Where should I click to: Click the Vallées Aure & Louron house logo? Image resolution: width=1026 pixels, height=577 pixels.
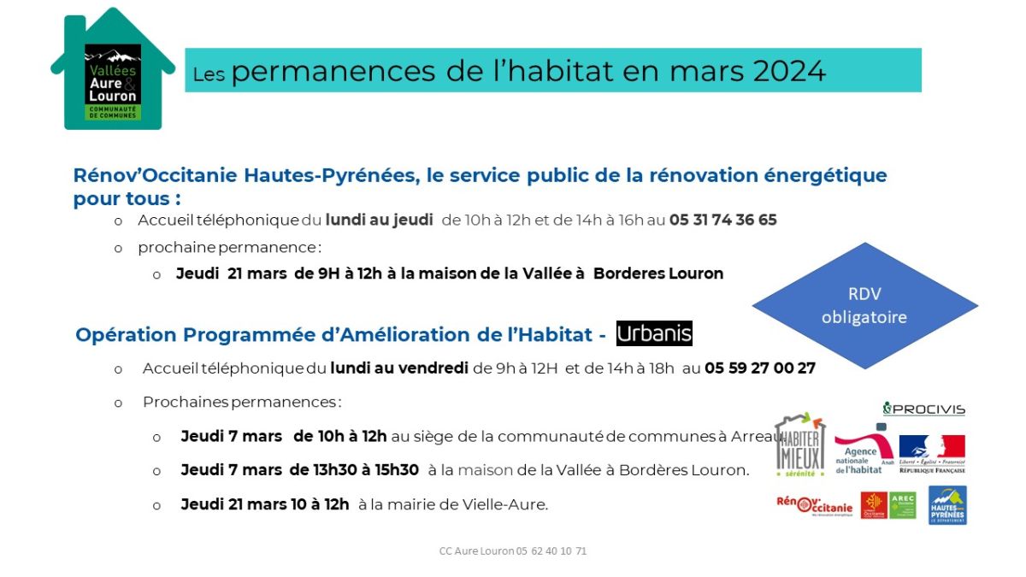point(113,68)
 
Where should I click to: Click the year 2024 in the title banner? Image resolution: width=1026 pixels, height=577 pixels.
point(789,71)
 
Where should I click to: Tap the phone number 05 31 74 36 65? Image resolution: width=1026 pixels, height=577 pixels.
point(722,220)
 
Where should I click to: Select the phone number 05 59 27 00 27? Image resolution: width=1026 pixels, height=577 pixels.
point(760,368)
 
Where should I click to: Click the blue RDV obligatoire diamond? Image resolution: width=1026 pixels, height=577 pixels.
point(864,305)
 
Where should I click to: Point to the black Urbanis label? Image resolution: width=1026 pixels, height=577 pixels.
point(654,333)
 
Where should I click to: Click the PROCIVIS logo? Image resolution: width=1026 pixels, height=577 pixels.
point(924,409)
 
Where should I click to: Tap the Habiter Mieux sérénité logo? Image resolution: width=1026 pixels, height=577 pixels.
point(800,445)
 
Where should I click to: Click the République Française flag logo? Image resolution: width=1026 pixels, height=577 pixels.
point(932,454)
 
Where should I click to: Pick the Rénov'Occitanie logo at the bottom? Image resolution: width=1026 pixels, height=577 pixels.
point(814,505)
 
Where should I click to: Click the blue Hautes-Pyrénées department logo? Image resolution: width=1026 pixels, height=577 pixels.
point(947,505)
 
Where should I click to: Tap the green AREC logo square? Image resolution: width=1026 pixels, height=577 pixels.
point(902,505)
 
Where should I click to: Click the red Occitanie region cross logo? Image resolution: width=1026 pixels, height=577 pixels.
point(874,505)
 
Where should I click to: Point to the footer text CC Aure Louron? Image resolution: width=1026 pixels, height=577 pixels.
point(476,551)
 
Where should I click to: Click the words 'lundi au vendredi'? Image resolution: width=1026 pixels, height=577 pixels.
point(399,368)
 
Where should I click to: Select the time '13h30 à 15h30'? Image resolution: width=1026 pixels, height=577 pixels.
point(354,470)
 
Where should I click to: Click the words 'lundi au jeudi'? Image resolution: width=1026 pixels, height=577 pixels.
point(380,220)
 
